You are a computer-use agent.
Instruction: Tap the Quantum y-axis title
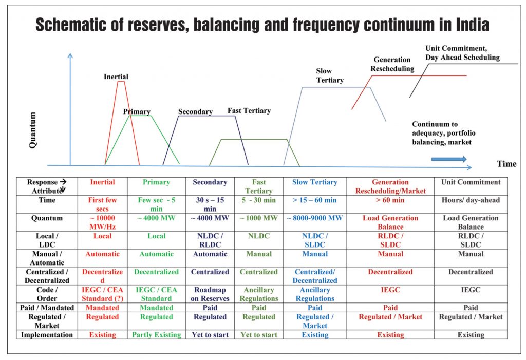(x=32, y=130)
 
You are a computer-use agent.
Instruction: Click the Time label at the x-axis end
(x=506, y=164)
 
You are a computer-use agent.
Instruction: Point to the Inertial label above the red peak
(x=116, y=77)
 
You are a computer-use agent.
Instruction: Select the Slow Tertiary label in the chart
(x=330, y=75)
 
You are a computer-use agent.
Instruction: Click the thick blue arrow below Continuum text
(x=449, y=159)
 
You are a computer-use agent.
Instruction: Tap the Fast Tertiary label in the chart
(x=249, y=111)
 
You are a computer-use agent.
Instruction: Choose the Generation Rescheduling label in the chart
(x=392, y=64)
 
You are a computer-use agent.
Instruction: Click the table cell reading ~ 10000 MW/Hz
(x=102, y=222)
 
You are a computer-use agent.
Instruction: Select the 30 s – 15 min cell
(x=210, y=204)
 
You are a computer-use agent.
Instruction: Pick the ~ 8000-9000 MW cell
(x=315, y=218)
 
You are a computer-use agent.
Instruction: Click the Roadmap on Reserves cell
(x=210, y=294)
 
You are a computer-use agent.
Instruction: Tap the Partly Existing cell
(x=156, y=334)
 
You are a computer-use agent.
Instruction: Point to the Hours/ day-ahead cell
(x=471, y=200)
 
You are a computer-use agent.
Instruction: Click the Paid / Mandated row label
(x=47, y=308)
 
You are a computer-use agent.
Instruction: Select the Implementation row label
(x=47, y=335)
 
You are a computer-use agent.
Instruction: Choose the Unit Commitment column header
(x=471, y=182)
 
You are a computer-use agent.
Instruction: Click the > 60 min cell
(x=390, y=200)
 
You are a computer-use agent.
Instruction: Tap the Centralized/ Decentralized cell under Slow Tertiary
(x=315, y=276)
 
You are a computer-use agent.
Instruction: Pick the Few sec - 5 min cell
(x=156, y=204)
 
